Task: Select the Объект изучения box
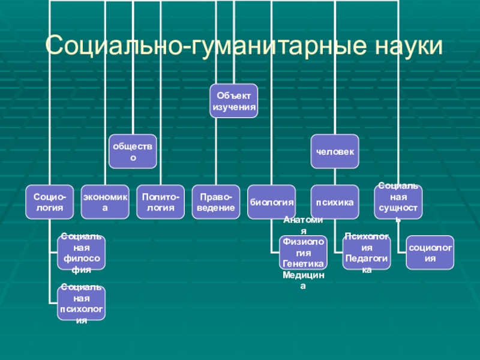click(234, 101)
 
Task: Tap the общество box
click(133, 151)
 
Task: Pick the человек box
click(335, 151)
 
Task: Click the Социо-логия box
click(49, 202)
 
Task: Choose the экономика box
click(105, 202)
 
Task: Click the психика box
click(335, 202)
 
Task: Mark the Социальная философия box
click(81, 252)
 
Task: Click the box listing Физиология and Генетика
click(303, 252)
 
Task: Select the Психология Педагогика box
click(367, 252)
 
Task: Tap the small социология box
click(430, 252)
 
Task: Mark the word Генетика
click(303, 263)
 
